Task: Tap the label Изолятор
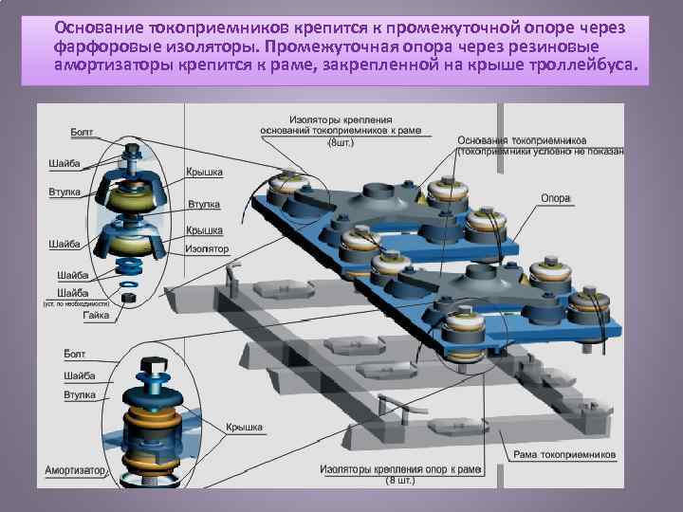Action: [x=206, y=248]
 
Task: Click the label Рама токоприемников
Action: [x=564, y=454]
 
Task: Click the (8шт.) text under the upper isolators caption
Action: [x=337, y=142]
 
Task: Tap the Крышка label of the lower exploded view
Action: [x=244, y=428]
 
